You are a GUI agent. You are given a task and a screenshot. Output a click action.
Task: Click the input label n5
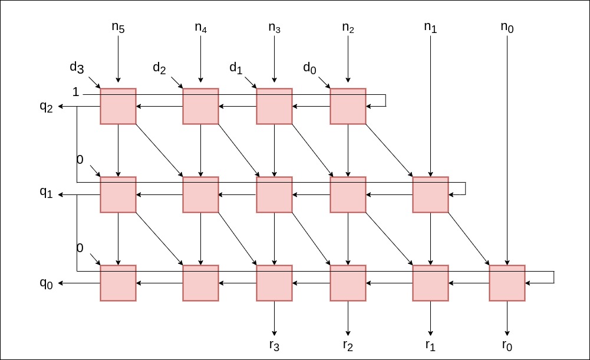coord(118,28)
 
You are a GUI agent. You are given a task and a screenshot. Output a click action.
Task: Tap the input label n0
coord(507,28)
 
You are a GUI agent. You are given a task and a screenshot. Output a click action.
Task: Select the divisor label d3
coord(77,67)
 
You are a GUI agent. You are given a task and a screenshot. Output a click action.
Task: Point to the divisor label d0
coord(309,68)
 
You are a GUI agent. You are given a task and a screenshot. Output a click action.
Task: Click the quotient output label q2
coord(47,107)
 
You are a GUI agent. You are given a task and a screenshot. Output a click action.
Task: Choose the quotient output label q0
coord(47,283)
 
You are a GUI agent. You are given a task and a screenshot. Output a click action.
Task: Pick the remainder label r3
coord(274,345)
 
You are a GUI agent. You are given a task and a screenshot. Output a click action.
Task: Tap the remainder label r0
coord(507,345)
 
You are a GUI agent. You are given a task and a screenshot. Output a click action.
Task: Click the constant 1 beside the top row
coord(75,92)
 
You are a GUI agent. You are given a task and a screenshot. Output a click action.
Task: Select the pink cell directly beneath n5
coord(118,106)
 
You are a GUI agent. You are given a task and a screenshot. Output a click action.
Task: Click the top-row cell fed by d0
coord(348,106)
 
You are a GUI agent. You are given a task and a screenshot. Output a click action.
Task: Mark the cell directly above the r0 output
coord(507,283)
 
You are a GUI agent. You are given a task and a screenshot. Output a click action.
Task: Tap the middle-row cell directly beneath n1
coord(430,194)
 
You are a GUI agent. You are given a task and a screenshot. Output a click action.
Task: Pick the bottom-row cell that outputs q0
coord(118,283)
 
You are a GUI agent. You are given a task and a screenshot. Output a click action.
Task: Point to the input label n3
coord(274,28)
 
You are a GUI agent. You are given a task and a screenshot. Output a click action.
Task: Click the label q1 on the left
coord(47,192)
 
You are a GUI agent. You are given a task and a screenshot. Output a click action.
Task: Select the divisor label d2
coord(159,68)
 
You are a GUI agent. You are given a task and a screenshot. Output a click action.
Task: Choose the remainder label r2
coord(348,345)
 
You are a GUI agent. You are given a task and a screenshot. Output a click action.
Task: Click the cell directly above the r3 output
coord(274,283)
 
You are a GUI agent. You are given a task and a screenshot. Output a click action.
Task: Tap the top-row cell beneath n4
coord(200,106)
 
